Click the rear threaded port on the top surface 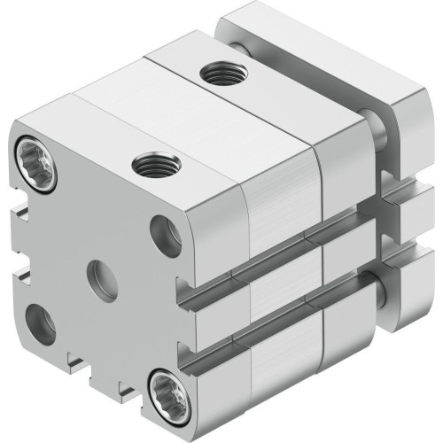click(218, 72)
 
